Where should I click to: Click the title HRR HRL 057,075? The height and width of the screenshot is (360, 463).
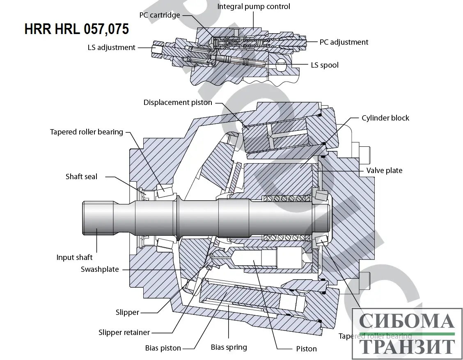(77, 29)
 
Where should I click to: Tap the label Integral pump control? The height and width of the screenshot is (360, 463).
(253, 7)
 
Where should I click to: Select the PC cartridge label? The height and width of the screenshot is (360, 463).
(159, 16)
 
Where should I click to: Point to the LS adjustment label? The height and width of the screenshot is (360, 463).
(111, 48)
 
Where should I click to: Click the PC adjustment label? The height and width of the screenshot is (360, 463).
(344, 42)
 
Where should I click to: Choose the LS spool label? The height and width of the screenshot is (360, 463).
(324, 65)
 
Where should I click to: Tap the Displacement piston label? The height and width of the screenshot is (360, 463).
(178, 103)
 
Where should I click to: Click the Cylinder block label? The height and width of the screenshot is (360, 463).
(385, 118)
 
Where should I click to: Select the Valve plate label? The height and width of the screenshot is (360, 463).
(384, 171)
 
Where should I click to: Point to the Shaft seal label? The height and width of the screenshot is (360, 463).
(81, 177)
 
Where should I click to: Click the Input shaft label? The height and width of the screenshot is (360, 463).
(74, 257)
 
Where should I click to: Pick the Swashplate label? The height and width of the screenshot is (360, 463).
(100, 269)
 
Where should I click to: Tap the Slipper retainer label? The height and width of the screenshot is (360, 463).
(124, 333)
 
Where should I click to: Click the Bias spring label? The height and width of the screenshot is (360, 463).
(229, 348)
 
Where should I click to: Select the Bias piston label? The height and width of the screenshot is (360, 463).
(163, 348)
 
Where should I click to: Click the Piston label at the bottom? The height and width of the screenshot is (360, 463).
(306, 349)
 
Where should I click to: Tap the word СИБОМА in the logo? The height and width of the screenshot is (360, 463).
(406, 322)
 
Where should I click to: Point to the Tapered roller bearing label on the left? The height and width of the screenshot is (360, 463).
(86, 132)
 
